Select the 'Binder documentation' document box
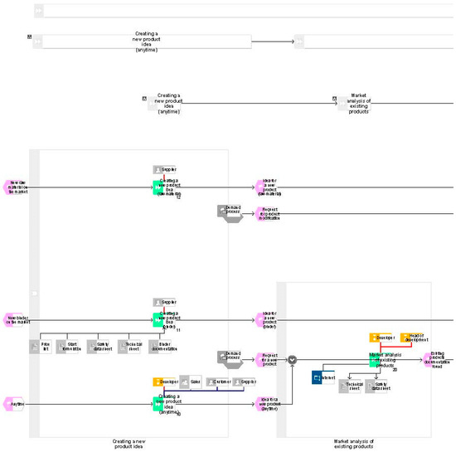pyautogui.click(x=164, y=346)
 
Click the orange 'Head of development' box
pyautogui.click(x=416, y=338)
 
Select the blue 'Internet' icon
pyautogui.click(x=322, y=378)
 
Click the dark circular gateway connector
pyautogui.click(x=292, y=360)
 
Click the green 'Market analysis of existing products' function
pyautogui.click(x=375, y=359)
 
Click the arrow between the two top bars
pyautogui.click(x=273, y=41)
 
